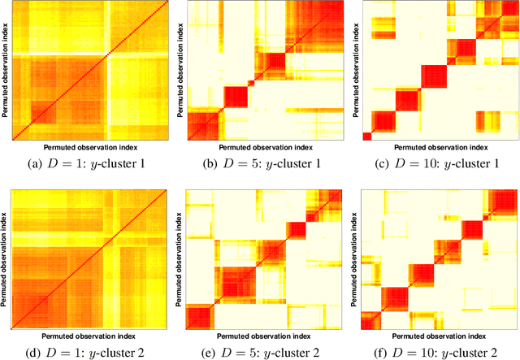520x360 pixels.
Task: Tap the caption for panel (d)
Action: tap(86, 352)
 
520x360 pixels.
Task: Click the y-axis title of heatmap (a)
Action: tap(5, 72)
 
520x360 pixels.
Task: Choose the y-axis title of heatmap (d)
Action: tap(5, 258)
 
